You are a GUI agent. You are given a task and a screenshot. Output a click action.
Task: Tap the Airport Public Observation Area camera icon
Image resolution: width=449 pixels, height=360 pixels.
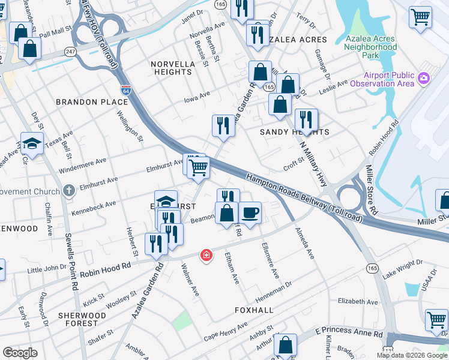click(x=424, y=78)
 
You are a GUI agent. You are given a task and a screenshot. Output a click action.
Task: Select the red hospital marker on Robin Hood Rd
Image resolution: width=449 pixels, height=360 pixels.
click(x=206, y=256)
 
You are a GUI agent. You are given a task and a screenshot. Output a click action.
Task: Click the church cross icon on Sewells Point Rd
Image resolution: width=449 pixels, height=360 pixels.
click(x=69, y=191)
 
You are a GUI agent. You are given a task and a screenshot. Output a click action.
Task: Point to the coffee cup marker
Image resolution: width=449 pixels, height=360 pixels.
click(x=250, y=212)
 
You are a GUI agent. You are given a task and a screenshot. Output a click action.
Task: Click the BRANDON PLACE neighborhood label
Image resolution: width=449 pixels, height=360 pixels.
click(x=92, y=102)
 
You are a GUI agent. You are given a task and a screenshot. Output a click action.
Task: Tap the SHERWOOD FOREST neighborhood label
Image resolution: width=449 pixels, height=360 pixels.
click(x=77, y=319)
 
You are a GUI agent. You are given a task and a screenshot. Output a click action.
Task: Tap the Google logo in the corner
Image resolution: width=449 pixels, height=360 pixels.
click(x=20, y=352)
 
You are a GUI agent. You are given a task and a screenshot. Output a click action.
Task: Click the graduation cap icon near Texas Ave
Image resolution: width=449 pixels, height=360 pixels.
click(x=32, y=143)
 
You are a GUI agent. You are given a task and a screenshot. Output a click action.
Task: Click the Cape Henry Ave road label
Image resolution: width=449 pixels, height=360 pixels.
click(x=225, y=335)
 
